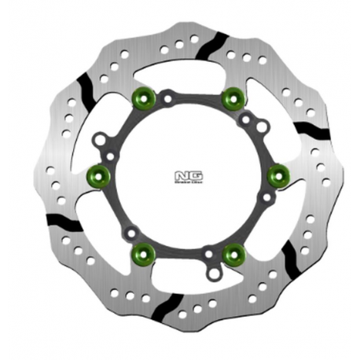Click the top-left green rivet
pyautogui.click(x=142, y=97)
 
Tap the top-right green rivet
pyautogui.click(x=232, y=97)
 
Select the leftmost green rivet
pyautogui.click(x=97, y=174)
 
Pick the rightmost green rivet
pyautogui.click(x=277, y=174)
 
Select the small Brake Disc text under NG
pyautogui.click(x=182, y=182)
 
